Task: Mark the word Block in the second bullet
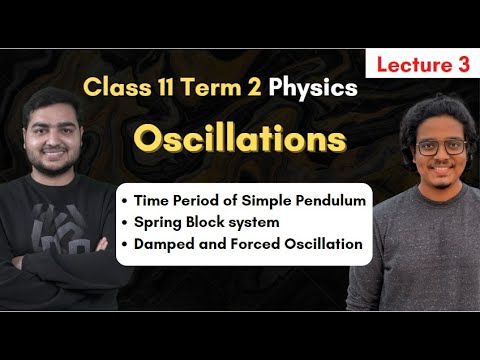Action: click(x=212, y=222)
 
